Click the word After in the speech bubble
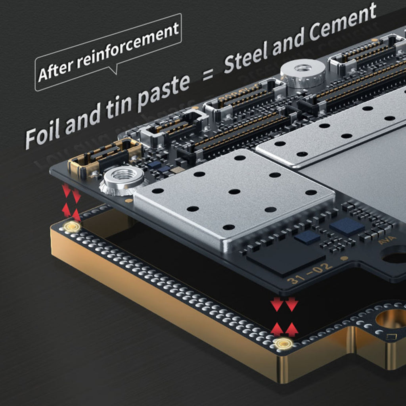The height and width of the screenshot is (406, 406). [x=56, y=70]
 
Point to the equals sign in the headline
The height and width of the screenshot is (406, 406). [x=208, y=75]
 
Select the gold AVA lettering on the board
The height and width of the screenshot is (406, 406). [x=387, y=240]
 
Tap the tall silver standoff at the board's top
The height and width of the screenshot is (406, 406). [x=303, y=73]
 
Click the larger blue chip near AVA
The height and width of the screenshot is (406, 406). [x=347, y=226]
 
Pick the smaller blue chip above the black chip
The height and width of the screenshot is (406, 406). [x=308, y=237]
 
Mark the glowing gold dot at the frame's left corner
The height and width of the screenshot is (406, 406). [x=72, y=226]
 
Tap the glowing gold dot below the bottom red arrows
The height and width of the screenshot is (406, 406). [x=283, y=344]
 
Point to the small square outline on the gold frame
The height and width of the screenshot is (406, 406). [x=391, y=337]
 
